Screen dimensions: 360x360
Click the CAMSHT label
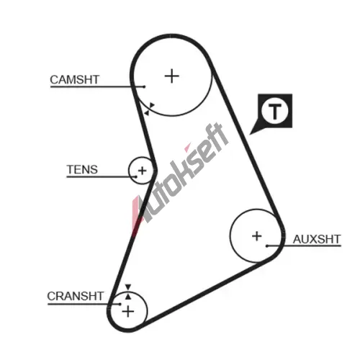pyautogui.click(x=74, y=80)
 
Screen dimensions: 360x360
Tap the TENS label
pyautogui.click(x=82, y=169)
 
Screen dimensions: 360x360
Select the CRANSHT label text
pyautogui.click(x=75, y=296)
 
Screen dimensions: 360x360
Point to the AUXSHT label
pyautogui.click(x=317, y=239)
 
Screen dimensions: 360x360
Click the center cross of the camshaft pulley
pyautogui.click(x=172, y=76)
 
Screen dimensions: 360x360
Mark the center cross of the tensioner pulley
pyautogui.click(x=143, y=171)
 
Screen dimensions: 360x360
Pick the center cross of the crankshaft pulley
pyautogui.click(x=128, y=312)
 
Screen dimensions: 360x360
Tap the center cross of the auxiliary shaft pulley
pyautogui.click(x=257, y=236)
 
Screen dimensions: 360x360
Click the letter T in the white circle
pyautogui.click(x=275, y=112)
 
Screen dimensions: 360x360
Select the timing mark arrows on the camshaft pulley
pyautogui.click(x=149, y=109)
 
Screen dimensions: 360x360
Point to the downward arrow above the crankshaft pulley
pyautogui.click(x=128, y=287)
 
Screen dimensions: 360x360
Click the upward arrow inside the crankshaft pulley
pyautogui.click(x=128, y=297)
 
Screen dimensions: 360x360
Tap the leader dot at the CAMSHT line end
pyautogui.click(x=144, y=86)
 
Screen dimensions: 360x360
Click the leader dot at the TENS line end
pyautogui.click(x=136, y=177)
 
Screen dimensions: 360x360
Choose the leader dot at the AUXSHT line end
pyautogui.click(x=267, y=246)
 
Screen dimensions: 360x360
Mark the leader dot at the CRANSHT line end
pyautogui.click(x=120, y=304)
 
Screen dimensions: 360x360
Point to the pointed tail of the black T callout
pyautogui.click(x=250, y=134)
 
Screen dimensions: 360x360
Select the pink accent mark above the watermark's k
pyautogui.click(x=187, y=148)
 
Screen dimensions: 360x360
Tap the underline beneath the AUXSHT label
pyautogui.click(x=304, y=246)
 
